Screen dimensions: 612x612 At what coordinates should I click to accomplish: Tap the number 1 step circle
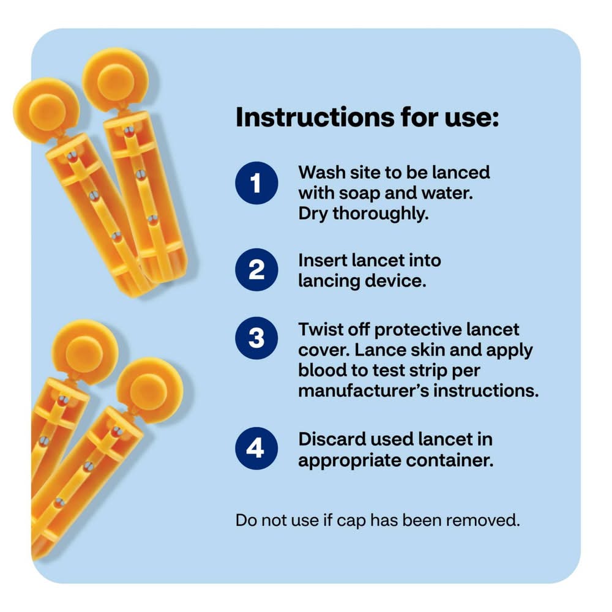click(x=256, y=182)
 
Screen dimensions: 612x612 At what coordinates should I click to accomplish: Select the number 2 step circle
click(x=256, y=269)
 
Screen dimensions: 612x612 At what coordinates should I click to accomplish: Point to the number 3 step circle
click(x=256, y=338)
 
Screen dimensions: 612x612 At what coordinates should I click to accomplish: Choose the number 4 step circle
click(x=256, y=448)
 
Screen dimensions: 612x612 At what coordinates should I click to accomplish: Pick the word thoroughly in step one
click(x=380, y=214)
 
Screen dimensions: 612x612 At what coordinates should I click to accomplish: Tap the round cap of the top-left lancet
click(x=47, y=110)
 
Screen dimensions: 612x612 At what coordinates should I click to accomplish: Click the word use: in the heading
click(x=472, y=118)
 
